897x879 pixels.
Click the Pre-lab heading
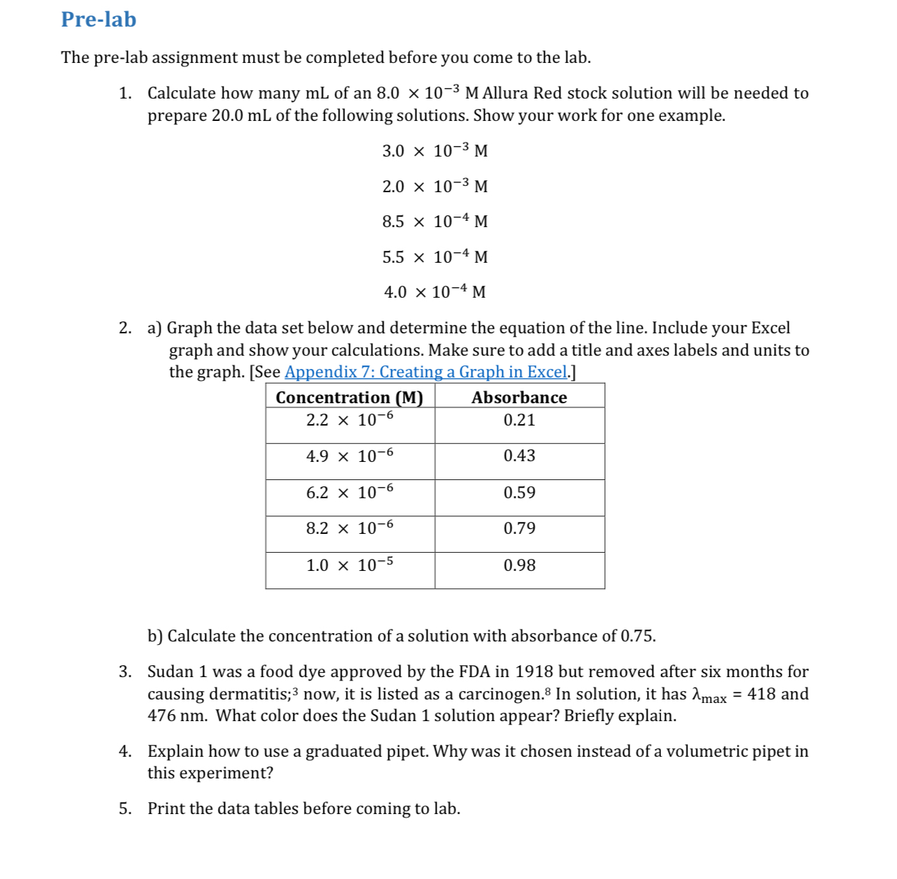tap(99, 20)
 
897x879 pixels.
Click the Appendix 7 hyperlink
tap(425, 372)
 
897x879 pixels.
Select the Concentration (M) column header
tap(349, 397)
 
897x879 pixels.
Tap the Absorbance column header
tap(519, 397)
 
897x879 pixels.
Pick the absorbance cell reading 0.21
tap(519, 420)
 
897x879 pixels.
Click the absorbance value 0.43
tap(519, 456)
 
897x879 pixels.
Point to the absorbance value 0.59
tap(519, 493)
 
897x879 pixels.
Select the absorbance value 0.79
tap(519, 528)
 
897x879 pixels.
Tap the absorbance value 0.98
tap(519, 565)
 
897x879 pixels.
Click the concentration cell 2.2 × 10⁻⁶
tap(349, 420)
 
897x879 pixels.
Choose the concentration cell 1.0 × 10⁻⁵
tap(349, 565)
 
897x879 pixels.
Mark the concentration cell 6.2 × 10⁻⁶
tap(349, 493)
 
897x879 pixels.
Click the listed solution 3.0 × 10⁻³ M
tap(435, 151)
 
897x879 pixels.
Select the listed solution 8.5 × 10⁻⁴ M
tap(435, 221)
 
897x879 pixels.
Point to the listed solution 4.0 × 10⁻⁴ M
tap(435, 292)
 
